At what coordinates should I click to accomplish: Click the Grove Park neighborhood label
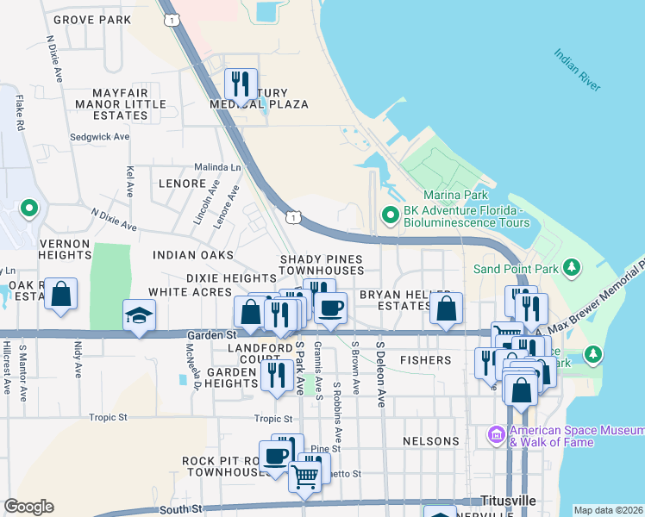tap(92, 19)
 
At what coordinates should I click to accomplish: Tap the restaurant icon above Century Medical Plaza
tap(241, 84)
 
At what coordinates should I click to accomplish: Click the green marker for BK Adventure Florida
tap(390, 214)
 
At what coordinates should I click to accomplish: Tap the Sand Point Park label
tap(514, 268)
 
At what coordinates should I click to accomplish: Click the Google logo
tap(28, 506)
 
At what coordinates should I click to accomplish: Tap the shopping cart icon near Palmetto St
tap(304, 475)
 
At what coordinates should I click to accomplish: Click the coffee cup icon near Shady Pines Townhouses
tap(330, 308)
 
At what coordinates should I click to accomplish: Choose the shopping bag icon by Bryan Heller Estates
tap(446, 308)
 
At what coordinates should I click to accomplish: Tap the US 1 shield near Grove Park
tap(176, 19)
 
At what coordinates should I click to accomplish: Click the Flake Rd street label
tap(18, 113)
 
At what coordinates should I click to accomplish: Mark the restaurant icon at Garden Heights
tap(276, 375)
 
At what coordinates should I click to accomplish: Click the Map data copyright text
tap(608, 510)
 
